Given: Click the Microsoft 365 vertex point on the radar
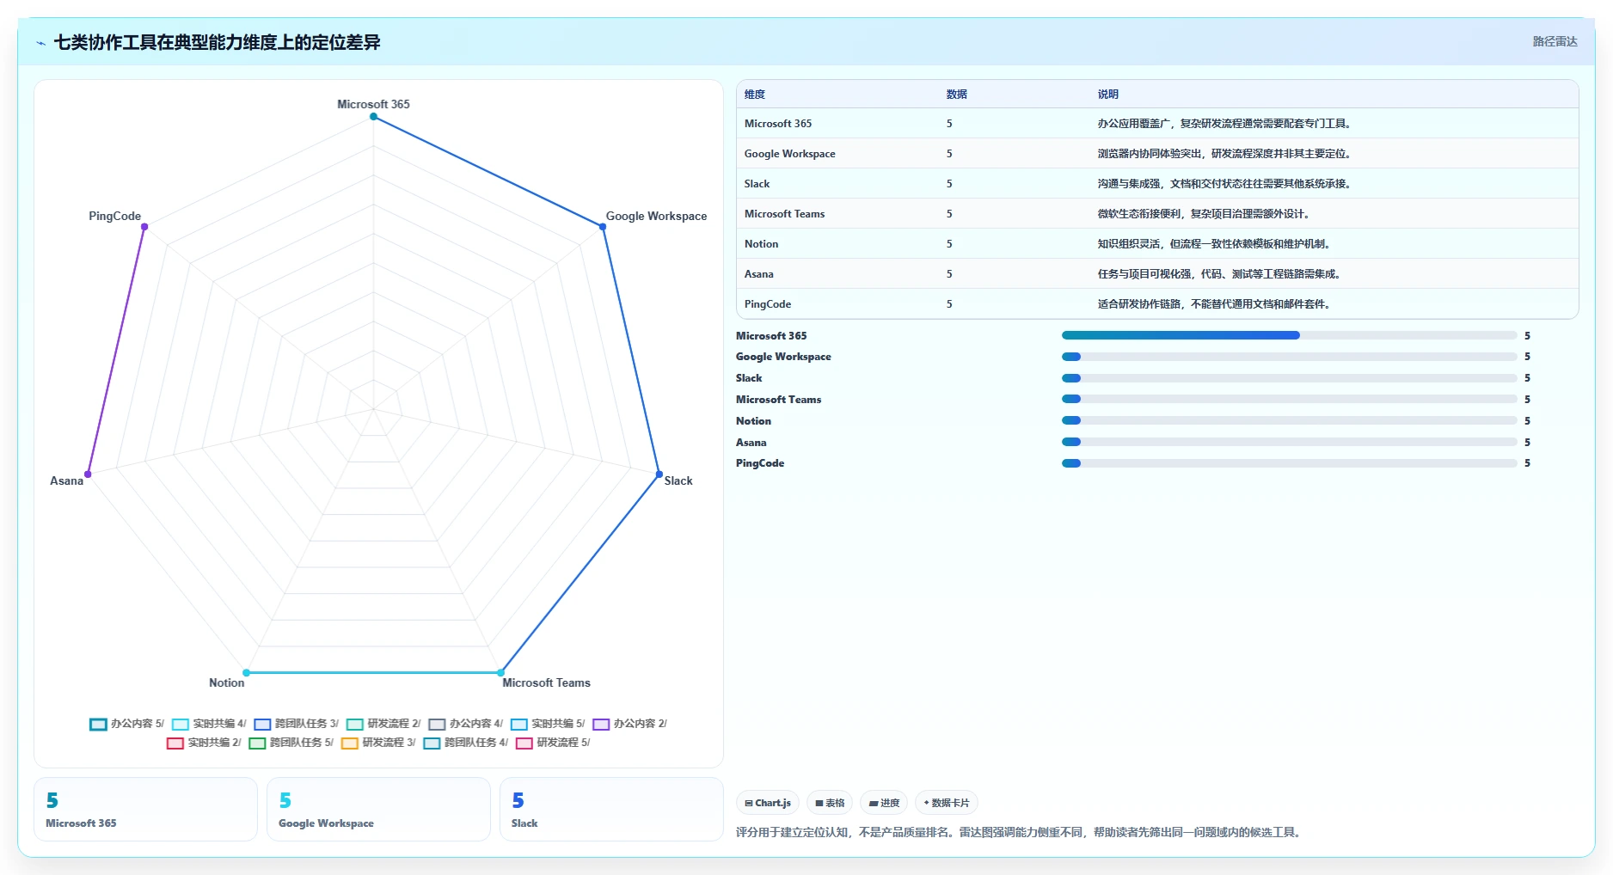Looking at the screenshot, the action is point(373,117).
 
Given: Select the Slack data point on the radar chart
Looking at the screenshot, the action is point(659,474).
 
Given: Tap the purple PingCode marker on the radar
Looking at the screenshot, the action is point(144,227).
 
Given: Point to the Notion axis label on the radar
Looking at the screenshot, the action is point(227,682).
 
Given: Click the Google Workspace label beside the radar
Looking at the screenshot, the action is point(656,216).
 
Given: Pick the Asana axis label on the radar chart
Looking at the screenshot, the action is point(66,480).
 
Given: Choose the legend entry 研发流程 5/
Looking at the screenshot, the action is point(553,743).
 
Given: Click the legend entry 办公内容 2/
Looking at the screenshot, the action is point(630,724).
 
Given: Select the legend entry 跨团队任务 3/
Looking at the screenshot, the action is point(297,724).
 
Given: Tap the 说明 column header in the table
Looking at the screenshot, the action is point(1107,95).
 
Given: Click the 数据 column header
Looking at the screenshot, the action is point(956,95).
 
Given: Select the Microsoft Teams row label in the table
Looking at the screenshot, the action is point(784,214).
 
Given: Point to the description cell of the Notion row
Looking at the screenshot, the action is point(1214,244).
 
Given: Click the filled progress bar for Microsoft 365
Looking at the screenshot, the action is point(1181,335).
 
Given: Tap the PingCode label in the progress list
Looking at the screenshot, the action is point(760,463).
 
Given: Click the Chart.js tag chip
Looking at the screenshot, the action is point(768,803).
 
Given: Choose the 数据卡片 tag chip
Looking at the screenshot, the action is point(947,803).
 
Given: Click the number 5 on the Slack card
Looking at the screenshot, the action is point(518,800).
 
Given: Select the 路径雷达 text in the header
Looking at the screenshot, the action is point(1555,41).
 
